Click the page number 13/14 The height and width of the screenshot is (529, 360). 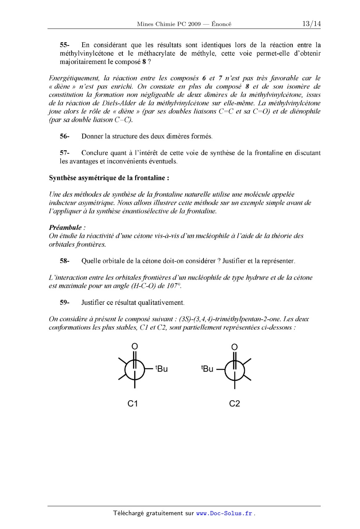[x=311, y=24]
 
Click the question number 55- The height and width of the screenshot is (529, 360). [x=65, y=45]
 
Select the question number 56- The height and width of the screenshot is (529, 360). [x=65, y=137]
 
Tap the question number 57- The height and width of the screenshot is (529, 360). [x=65, y=153]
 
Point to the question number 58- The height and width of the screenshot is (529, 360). [x=65, y=261]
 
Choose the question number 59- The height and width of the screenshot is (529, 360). [x=65, y=303]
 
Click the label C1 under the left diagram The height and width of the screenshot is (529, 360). [x=133, y=403]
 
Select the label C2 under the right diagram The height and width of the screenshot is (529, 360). [x=234, y=403]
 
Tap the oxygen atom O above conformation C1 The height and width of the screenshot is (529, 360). [x=135, y=346]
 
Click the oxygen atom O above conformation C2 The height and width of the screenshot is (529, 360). [x=235, y=347]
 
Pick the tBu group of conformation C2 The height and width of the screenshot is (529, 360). [x=207, y=368]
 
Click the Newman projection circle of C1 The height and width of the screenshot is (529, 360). [x=135, y=369]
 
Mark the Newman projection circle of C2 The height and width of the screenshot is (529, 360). [x=235, y=369]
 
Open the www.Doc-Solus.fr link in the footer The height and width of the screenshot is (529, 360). [x=224, y=514]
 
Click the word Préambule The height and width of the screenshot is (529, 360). [x=65, y=228]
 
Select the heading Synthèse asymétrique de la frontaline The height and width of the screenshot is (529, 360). [x=109, y=178]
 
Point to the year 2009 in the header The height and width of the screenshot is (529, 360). [x=195, y=24]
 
